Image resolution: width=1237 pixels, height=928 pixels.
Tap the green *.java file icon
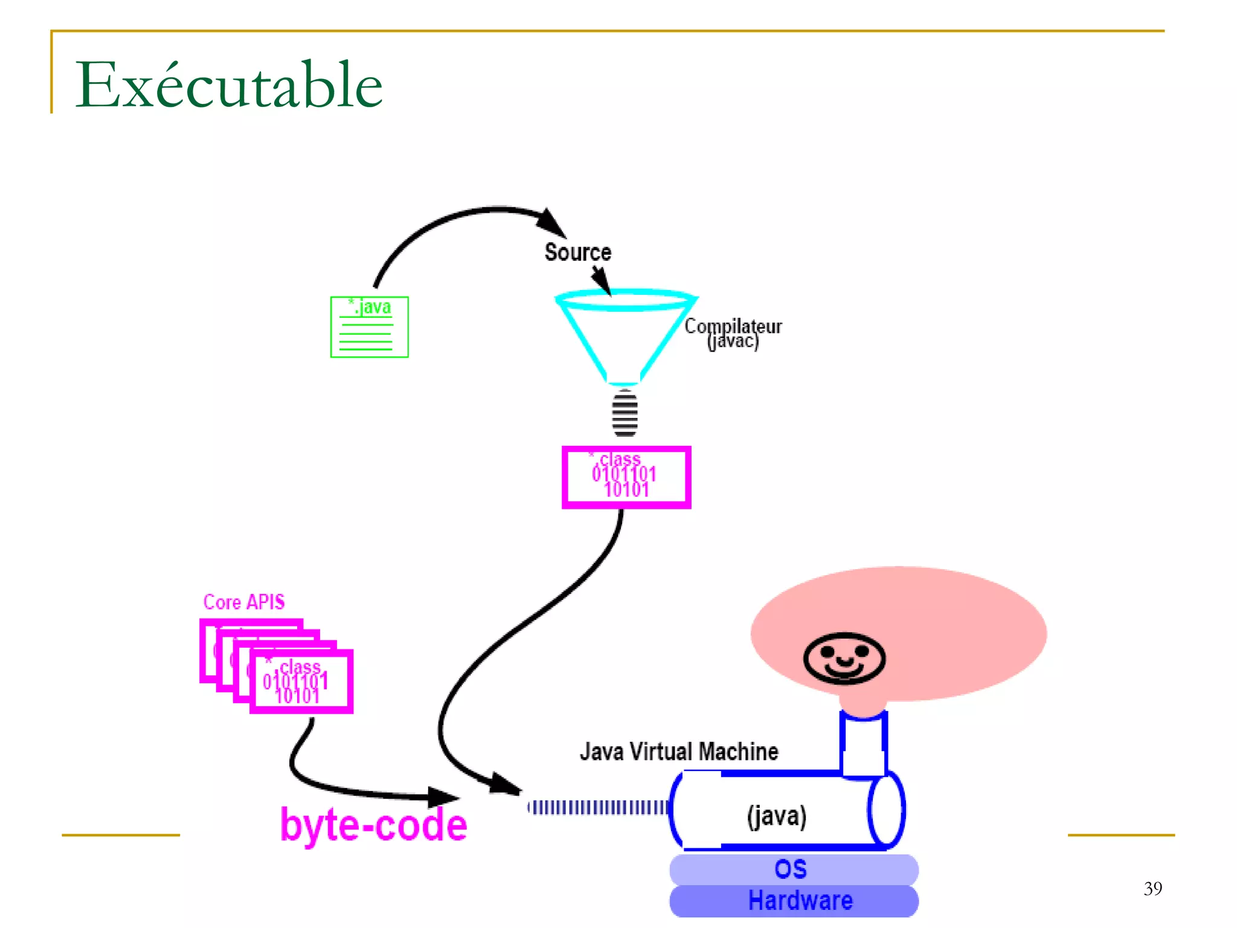click(369, 327)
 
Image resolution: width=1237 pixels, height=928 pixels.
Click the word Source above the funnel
click(577, 253)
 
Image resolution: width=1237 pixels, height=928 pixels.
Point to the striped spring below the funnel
click(625, 413)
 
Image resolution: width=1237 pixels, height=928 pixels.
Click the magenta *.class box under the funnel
click(626, 477)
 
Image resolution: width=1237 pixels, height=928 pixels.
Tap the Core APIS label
click(243, 602)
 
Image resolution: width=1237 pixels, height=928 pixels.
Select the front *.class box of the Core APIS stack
click(301, 681)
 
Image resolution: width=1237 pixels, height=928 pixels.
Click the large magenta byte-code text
click(373, 825)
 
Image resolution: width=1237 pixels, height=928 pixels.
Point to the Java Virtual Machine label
click(679, 752)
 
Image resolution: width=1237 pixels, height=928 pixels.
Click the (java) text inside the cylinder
click(776, 816)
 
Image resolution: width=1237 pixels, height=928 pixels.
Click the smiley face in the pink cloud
click(844, 658)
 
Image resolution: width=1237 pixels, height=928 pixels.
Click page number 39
click(1152, 888)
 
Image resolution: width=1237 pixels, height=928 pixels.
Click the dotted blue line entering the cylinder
click(598, 807)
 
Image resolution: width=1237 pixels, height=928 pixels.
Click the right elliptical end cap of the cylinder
click(886, 810)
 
